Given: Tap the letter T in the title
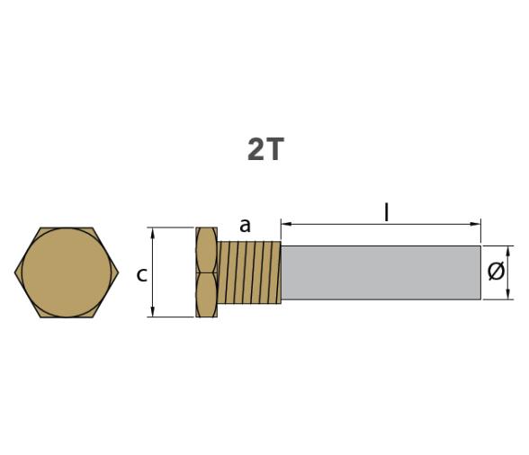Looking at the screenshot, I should tap(273, 149).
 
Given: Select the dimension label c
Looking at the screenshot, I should tap(141, 274).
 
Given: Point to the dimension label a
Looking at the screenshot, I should tap(245, 225).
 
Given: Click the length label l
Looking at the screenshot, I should tap(386, 212).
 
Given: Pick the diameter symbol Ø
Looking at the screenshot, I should tap(496, 272).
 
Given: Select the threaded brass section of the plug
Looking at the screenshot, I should tap(248, 272).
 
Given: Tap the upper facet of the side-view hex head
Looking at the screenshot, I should tap(206, 250).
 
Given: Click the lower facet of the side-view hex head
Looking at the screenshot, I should tap(206, 295).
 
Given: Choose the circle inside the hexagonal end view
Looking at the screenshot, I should tap(67, 272).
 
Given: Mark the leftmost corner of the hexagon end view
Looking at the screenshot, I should tap(15, 272).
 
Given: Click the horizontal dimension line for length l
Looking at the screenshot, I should tap(342, 222).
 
